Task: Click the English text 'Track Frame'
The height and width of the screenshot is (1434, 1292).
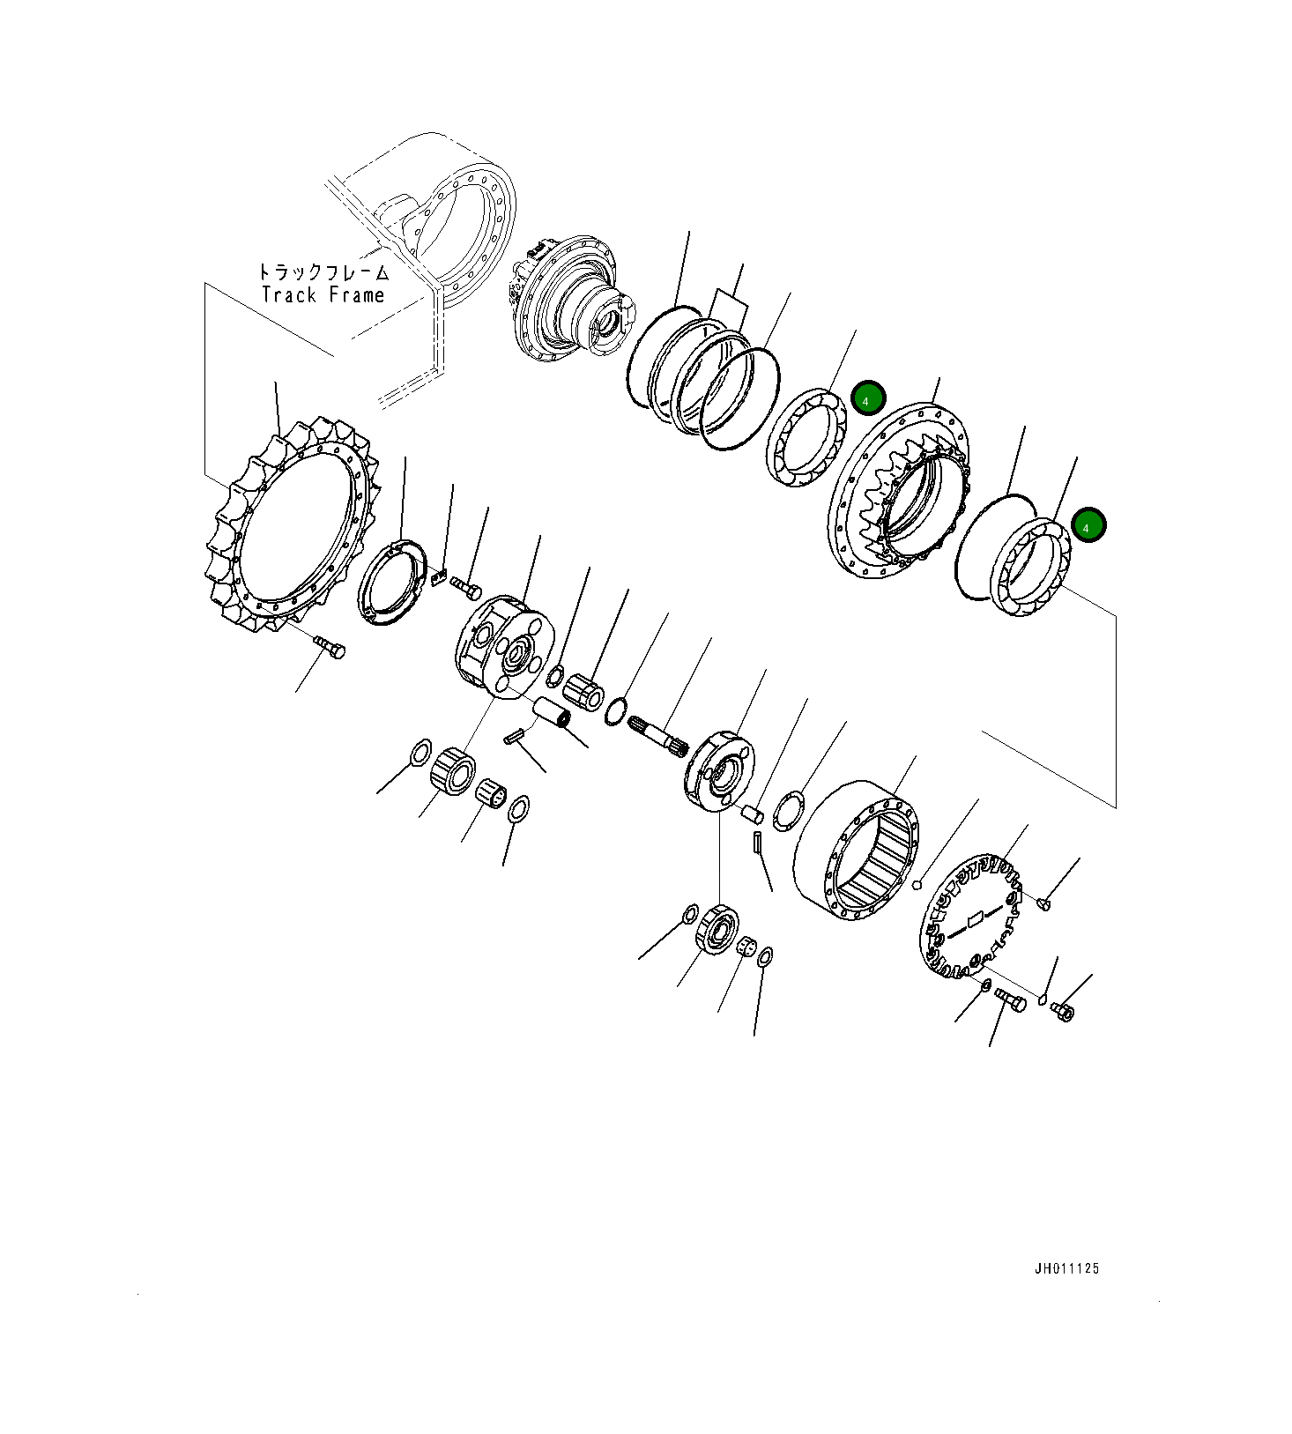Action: (323, 295)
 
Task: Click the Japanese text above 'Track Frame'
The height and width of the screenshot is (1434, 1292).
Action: (323, 272)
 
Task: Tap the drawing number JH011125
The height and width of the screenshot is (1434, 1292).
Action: (1066, 1269)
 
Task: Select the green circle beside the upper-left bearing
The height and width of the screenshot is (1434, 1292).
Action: (867, 399)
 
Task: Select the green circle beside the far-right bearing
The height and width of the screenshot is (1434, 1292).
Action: (1088, 526)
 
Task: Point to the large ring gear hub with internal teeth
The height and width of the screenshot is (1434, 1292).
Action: (899, 494)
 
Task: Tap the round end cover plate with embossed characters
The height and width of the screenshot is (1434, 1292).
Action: (969, 917)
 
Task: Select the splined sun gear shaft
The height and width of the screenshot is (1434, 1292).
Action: (657, 733)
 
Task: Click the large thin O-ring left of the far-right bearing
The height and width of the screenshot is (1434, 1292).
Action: (991, 546)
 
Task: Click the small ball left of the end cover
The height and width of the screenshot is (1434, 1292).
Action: (917, 885)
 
